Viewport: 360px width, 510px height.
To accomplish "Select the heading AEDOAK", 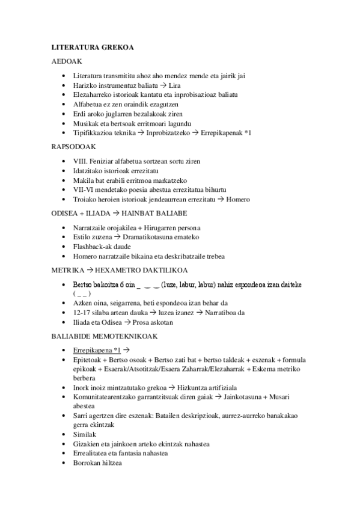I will [x=66, y=61].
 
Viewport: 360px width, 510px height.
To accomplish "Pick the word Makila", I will [x=83, y=180].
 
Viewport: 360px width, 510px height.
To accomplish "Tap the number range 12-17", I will [x=81, y=312].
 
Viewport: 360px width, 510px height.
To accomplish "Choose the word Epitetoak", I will [x=88, y=359].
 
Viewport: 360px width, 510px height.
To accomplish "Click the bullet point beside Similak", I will [x=64, y=434].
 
